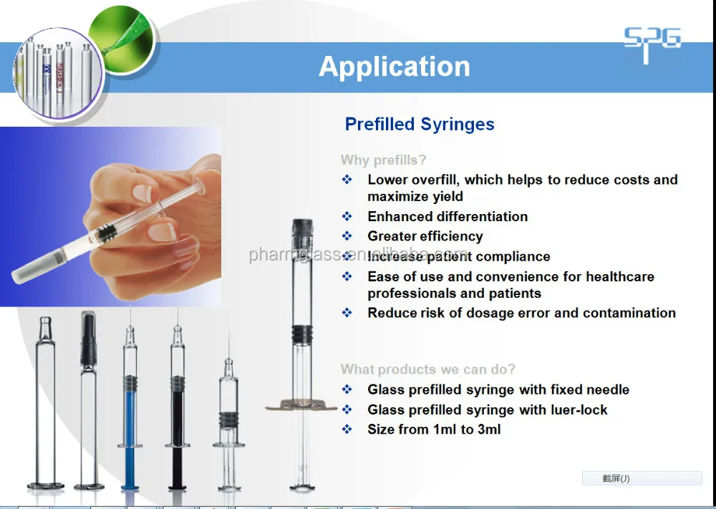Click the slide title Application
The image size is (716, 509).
point(395,67)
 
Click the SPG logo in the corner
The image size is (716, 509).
point(652,44)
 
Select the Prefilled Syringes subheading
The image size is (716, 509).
point(420,124)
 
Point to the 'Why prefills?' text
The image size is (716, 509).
point(383,160)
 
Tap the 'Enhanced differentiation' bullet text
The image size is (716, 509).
point(447,216)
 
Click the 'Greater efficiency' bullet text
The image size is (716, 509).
point(425,236)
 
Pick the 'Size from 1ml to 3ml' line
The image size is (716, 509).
point(434,430)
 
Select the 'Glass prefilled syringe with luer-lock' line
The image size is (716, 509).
point(487,409)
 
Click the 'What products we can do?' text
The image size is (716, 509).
point(427,369)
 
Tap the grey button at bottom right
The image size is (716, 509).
point(642,478)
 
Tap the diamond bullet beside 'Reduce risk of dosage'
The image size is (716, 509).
point(347,313)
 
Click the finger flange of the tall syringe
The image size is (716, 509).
point(301,407)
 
